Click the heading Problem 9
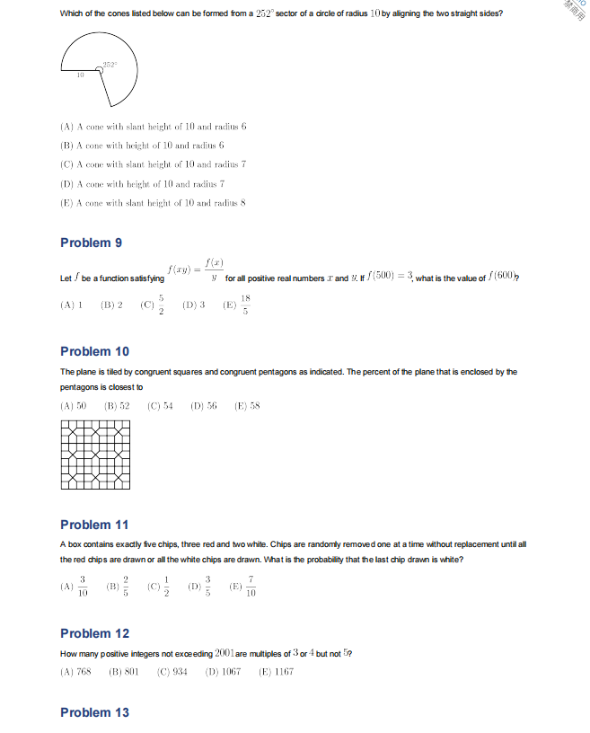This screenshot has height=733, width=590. pyautogui.click(x=91, y=243)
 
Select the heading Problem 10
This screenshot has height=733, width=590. pyautogui.click(x=94, y=351)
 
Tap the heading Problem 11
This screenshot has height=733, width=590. pyautogui.click(x=94, y=525)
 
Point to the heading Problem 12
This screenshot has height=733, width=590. pyautogui.click(x=94, y=633)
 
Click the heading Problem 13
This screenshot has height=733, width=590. pyautogui.click(x=94, y=712)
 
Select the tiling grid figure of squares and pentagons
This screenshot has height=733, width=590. pyautogui.click(x=95, y=455)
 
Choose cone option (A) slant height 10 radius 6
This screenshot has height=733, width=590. pyautogui.click(x=153, y=127)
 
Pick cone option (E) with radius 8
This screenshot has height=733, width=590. pyautogui.click(x=153, y=203)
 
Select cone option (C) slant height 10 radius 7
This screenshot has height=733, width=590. pyautogui.click(x=153, y=164)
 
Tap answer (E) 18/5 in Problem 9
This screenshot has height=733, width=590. pyautogui.click(x=238, y=305)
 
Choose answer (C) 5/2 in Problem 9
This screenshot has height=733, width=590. pyautogui.click(x=154, y=305)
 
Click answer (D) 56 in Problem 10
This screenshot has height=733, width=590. pyautogui.click(x=204, y=406)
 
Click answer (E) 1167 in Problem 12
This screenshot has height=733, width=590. pyautogui.click(x=276, y=672)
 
